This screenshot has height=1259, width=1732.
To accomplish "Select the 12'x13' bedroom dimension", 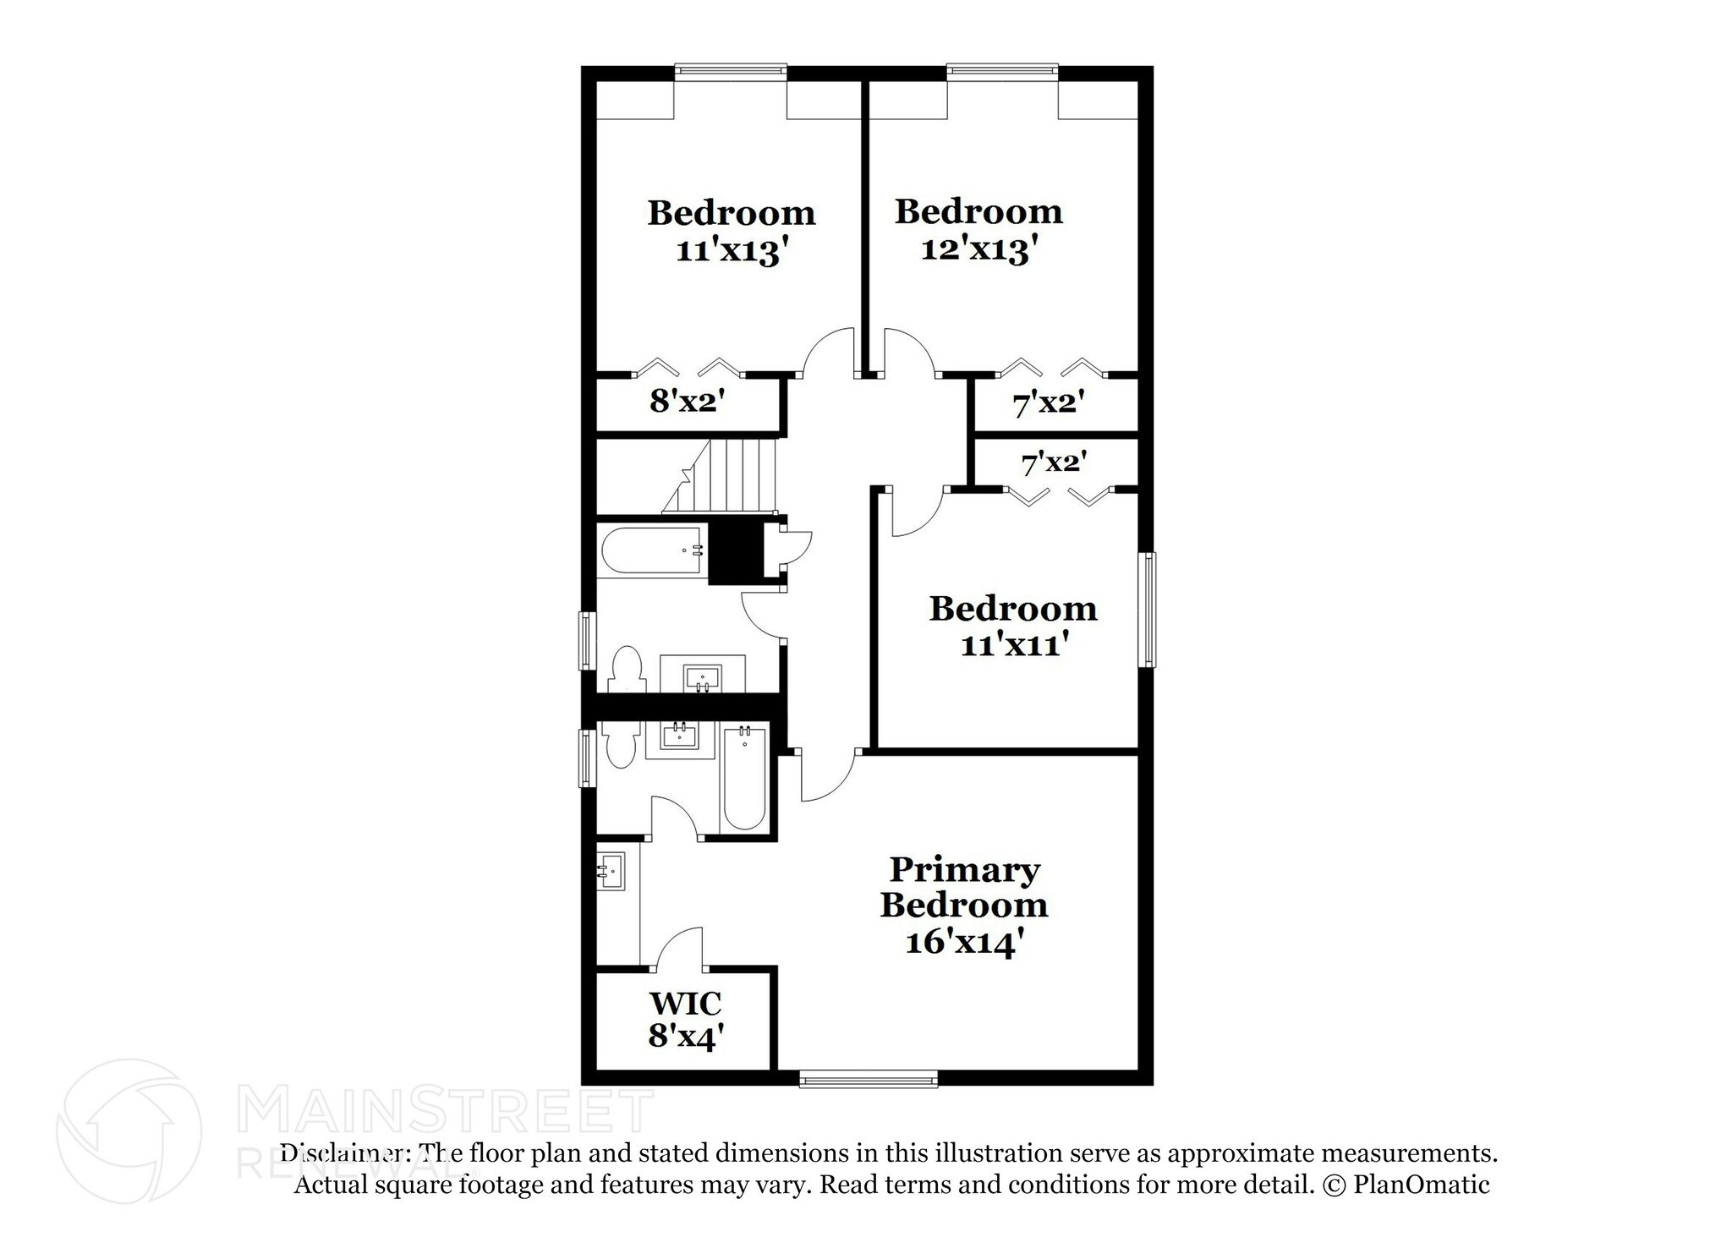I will pyautogui.click(x=978, y=249).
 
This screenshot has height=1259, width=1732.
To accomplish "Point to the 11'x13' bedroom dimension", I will pyautogui.click(x=732, y=251).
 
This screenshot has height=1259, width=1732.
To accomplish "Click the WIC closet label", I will pyautogui.click(x=685, y=1004).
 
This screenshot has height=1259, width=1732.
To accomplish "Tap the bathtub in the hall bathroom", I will pyautogui.click(x=651, y=552).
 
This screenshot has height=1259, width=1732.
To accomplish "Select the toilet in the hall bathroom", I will pyautogui.click(x=627, y=668).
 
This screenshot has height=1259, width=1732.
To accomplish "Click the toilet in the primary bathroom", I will pyautogui.click(x=621, y=744).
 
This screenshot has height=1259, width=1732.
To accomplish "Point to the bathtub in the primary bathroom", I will pyautogui.click(x=745, y=779).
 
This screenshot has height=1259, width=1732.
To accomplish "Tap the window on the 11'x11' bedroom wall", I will pyautogui.click(x=1147, y=609).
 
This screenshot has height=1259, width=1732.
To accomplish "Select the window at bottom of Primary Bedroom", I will pyautogui.click(x=869, y=1078).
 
